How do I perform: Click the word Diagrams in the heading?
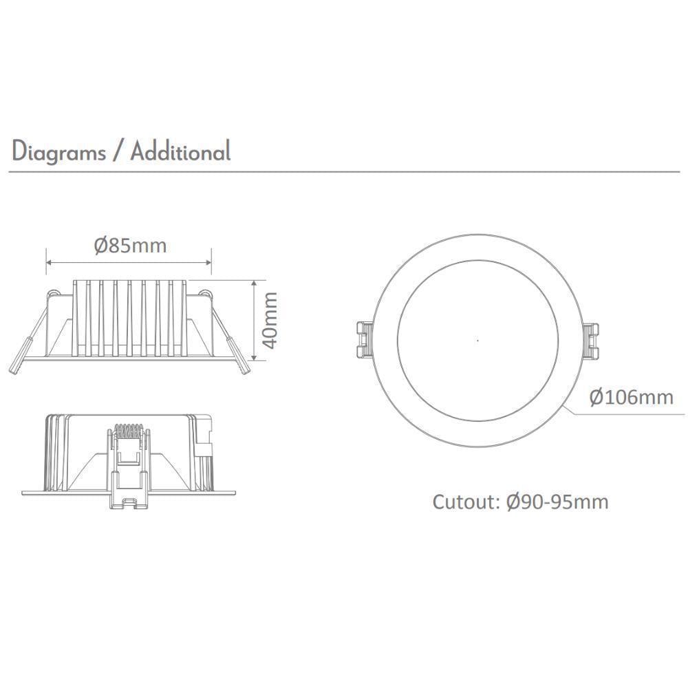[x=58, y=151]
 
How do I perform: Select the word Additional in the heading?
[x=180, y=151]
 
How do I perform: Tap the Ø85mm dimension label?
[x=131, y=245]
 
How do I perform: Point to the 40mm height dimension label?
[x=270, y=320]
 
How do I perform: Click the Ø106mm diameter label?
[x=632, y=397]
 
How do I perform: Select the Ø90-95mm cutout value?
[x=557, y=502]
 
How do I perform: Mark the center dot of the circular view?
[x=477, y=340]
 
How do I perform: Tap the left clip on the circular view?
[x=364, y=339]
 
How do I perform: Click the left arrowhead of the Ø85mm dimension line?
[x=49, y=262]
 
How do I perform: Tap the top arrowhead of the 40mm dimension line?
[x=255, y=283]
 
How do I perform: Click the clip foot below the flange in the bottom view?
[x=129, y=500]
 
